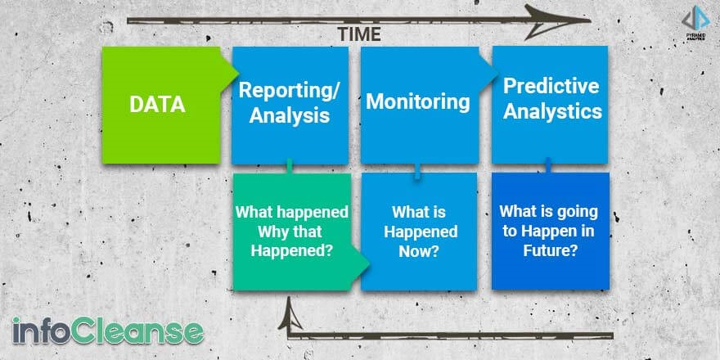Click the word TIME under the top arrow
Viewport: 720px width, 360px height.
point(359,34)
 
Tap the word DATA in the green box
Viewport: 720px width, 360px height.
point(157,104)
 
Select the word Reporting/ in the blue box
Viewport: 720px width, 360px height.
point(290,91)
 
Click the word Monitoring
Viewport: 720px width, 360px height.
point(418,102)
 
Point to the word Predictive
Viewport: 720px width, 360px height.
point(551,86)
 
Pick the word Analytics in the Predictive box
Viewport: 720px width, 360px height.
point(552,111)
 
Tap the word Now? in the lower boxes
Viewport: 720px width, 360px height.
point(419,251)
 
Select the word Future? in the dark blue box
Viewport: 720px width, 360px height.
point(550,250)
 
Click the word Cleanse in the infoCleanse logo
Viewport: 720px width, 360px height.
point(143,331)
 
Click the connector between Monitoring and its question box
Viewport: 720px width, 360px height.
point(417,171)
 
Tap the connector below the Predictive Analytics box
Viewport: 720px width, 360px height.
point(548,166)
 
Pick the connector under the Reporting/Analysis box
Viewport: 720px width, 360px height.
point(290,166)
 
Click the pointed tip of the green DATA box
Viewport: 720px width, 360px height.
point(238,73)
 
